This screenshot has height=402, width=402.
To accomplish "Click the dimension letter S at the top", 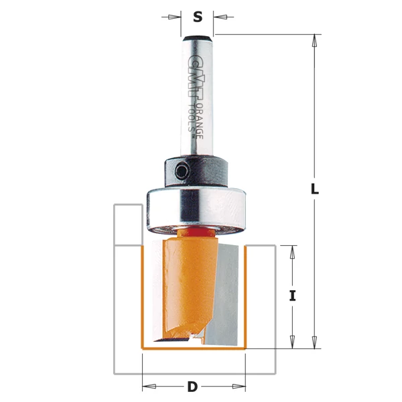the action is [x=198, y=17].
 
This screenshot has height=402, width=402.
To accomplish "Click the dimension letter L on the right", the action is [x=315, y=189].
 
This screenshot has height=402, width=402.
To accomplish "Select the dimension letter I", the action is [x=292, y=295].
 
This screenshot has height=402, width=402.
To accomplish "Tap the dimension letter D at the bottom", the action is [x=192, y=387].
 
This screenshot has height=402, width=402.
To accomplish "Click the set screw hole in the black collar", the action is [x=182, y=172].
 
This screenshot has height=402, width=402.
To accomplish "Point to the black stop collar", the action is [x=196, y=171].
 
